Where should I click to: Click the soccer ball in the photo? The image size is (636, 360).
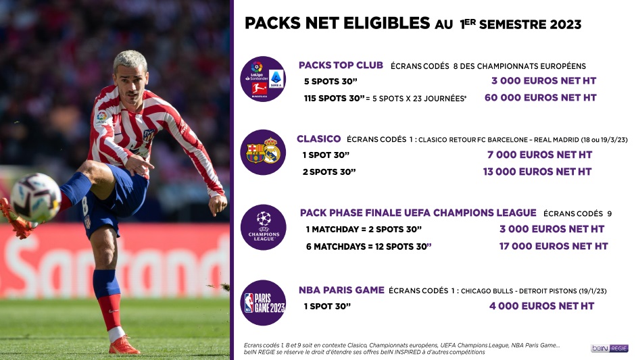point(36,197)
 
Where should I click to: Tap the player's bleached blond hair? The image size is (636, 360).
point(130,60)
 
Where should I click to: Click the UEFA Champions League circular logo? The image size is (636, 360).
point(263,228)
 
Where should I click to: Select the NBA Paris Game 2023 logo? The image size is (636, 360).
point(263,303)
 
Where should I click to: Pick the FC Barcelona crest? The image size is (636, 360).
point(255,153)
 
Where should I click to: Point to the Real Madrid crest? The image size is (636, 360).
point(272,151)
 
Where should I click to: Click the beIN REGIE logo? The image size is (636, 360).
point(609,349)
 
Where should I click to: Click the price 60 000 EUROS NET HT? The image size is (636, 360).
point(540,98)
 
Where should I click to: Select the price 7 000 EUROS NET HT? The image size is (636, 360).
point(539,155)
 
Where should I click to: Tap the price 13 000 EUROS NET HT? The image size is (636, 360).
point(537,172)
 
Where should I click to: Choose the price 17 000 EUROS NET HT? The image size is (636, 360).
point(554,246)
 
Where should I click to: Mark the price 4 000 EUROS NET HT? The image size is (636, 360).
point(541,306)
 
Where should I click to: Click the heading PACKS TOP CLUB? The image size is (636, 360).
point(341,66)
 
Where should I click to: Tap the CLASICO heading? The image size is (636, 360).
point(319,139)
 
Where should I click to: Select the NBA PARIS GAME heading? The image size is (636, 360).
point(341,290)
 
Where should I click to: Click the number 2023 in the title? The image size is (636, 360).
point(566,24)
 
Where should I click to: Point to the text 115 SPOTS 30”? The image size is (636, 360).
point(335,99)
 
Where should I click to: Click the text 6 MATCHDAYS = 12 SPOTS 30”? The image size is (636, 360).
point(369,247)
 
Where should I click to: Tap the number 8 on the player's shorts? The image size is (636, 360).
point(84,207)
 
